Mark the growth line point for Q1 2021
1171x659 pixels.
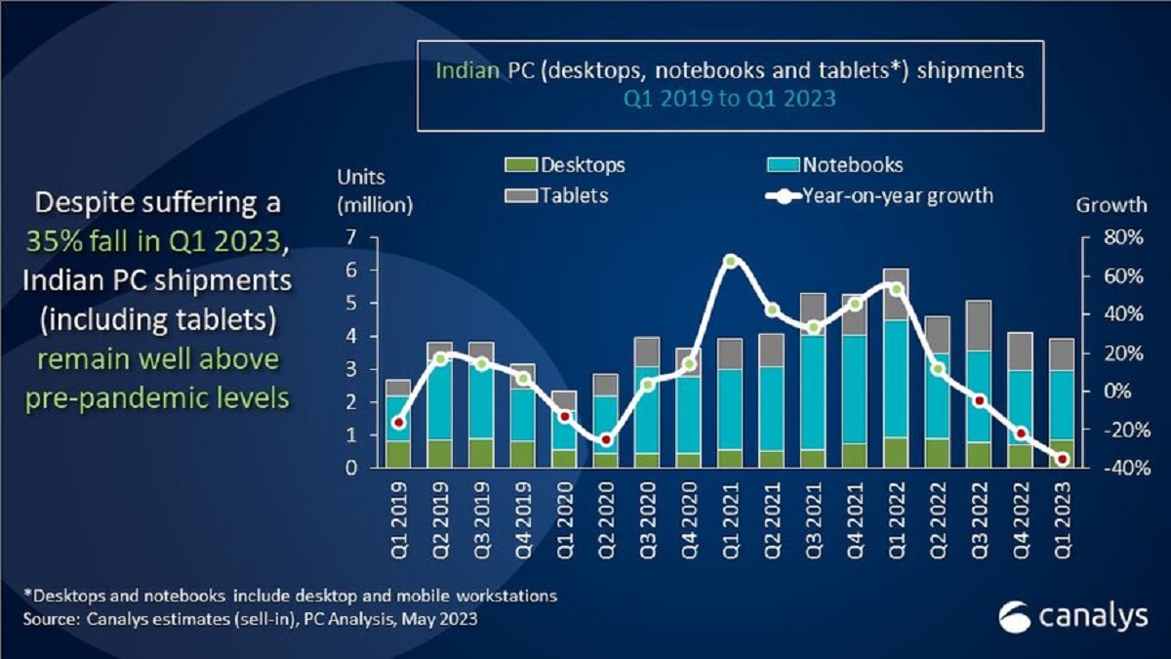click(731, 261)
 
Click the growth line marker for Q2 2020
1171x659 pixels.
click(606, 440)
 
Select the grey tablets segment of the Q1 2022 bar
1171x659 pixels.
click(896, 294)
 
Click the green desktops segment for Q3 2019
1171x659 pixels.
click(481, 453)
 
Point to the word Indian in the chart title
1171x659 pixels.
click(464, 73)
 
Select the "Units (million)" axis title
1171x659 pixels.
click(375, 191)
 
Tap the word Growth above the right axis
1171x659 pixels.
click(1111, 205)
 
